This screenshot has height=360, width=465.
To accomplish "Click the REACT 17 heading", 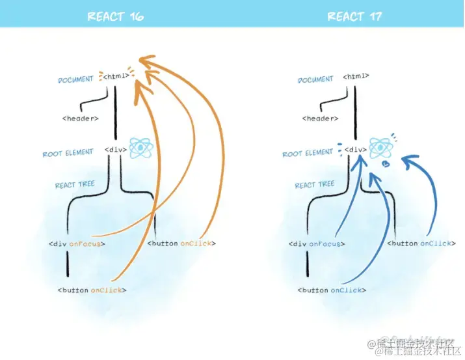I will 354,16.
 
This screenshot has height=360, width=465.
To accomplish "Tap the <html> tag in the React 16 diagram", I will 115,77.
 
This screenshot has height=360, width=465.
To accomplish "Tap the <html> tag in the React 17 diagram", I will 354,77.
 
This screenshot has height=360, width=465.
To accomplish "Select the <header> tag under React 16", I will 81,118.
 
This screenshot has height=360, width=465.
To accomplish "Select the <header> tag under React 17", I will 320,118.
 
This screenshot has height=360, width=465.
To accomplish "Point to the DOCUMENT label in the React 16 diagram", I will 76,79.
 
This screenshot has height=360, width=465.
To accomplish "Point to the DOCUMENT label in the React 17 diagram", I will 315,79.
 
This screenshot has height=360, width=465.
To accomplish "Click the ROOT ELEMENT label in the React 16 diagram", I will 68,154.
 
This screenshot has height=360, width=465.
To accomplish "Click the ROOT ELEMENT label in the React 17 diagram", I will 308,154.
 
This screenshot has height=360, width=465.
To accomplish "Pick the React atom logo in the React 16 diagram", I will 140,148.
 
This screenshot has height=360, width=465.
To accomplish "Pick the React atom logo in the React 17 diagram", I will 379,148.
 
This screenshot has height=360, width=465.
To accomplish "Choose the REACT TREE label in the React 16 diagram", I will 75,185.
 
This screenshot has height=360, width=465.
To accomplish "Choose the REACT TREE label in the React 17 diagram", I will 314,185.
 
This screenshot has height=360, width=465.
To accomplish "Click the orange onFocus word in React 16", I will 91,244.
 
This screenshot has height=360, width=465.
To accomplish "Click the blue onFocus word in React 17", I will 330,244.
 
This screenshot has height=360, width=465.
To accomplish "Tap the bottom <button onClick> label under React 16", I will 92,290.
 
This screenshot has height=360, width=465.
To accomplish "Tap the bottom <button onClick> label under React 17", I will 331,290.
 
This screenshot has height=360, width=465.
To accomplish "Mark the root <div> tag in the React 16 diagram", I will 115,150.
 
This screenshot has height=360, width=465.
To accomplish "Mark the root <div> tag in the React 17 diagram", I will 354,150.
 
